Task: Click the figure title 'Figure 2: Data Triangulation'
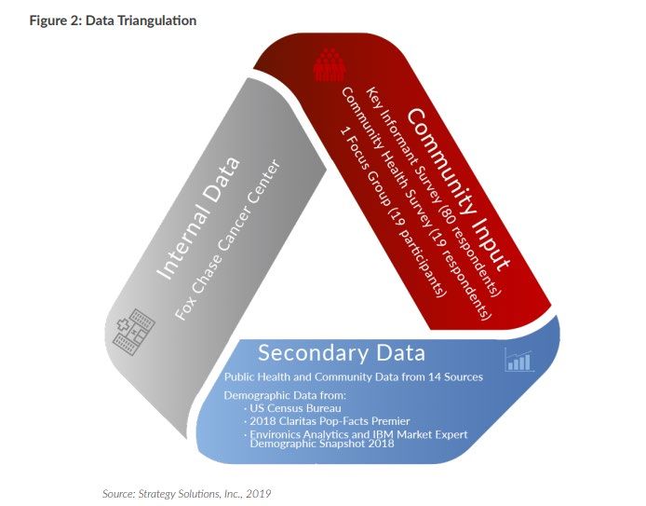coord(113,21)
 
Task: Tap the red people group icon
coord(329,64)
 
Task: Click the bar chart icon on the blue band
coord(519,360)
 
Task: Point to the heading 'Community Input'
coord(459,190)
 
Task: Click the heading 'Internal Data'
coord(198,218)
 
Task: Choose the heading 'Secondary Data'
coord(342,353)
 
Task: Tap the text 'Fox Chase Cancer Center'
coord(228,239)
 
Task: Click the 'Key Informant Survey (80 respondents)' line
coord(434,191)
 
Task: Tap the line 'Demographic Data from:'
coord(285,395)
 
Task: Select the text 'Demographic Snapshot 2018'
coord(322,444)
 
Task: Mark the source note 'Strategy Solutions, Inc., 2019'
coord(205,494)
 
